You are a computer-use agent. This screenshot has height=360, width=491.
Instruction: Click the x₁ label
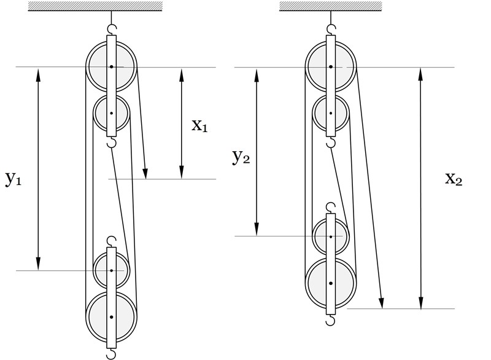200,126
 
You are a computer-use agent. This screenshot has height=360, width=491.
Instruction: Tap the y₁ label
14,179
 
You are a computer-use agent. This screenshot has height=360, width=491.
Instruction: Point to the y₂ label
241,157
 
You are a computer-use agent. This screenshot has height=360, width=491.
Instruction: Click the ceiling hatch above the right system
331,6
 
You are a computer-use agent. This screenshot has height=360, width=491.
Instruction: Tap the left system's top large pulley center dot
111,66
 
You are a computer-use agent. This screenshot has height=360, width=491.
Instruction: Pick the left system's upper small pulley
111,113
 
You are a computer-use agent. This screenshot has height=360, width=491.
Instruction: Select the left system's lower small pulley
111,270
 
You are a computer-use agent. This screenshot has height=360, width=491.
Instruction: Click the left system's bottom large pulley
111,316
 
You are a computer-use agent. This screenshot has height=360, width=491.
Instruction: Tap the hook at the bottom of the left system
111,354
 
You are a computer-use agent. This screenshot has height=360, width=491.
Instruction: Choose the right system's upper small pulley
331,113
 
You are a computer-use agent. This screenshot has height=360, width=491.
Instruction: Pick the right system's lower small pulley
331,236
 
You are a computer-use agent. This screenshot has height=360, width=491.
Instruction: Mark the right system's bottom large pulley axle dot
331,283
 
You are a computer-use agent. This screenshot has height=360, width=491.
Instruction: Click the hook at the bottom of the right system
331,320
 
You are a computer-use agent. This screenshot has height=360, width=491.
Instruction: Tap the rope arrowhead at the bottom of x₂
382,303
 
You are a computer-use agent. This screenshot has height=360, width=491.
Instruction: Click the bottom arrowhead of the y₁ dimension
39,265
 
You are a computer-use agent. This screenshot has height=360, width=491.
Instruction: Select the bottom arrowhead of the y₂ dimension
257,231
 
